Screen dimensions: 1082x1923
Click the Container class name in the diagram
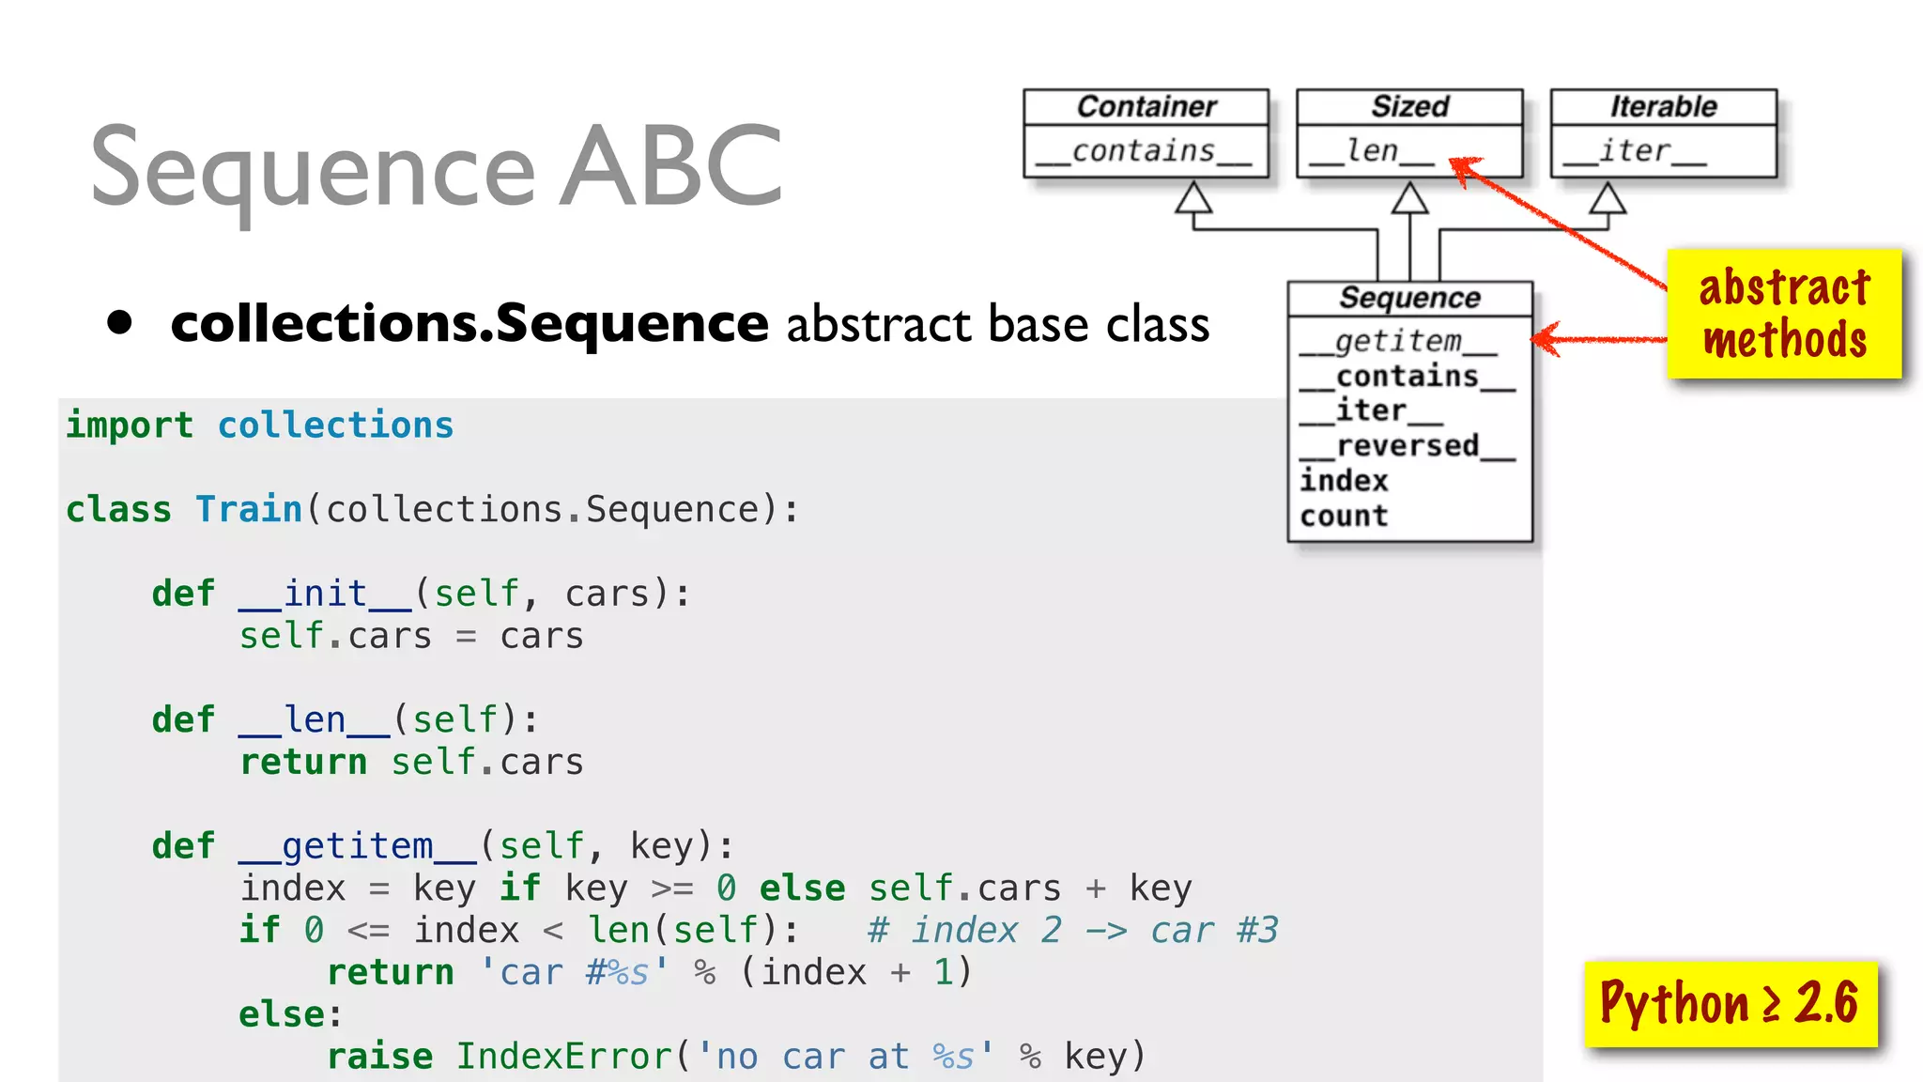[1146, 106]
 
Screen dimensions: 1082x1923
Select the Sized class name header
[1409, 106]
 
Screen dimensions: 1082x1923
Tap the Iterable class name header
[1663, 106]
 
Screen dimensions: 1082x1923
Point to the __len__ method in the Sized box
[1372, 151]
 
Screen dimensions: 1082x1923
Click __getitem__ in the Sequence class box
[1398, 341]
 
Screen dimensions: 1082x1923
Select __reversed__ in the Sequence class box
[1407, 446]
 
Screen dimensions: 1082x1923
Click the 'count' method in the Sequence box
[1344, 516]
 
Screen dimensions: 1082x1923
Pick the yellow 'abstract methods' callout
[1784, 314]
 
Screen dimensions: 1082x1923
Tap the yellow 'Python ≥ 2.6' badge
[1730, 1003]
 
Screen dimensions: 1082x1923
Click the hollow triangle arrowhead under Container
[1193, 198]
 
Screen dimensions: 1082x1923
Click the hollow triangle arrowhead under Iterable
[1608, 198]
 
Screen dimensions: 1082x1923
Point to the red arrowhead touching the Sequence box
[1546, 339]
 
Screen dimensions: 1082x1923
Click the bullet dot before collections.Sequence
[119, 322]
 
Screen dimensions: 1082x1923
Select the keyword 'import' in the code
[130, 425]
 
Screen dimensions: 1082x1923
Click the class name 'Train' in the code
[249, 509]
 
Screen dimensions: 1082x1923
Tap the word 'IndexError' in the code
[564, 1057]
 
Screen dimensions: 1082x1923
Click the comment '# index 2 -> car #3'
[1072, 931]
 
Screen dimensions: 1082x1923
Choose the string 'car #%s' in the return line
[574, 973]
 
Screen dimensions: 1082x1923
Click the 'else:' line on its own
[290, 1014]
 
